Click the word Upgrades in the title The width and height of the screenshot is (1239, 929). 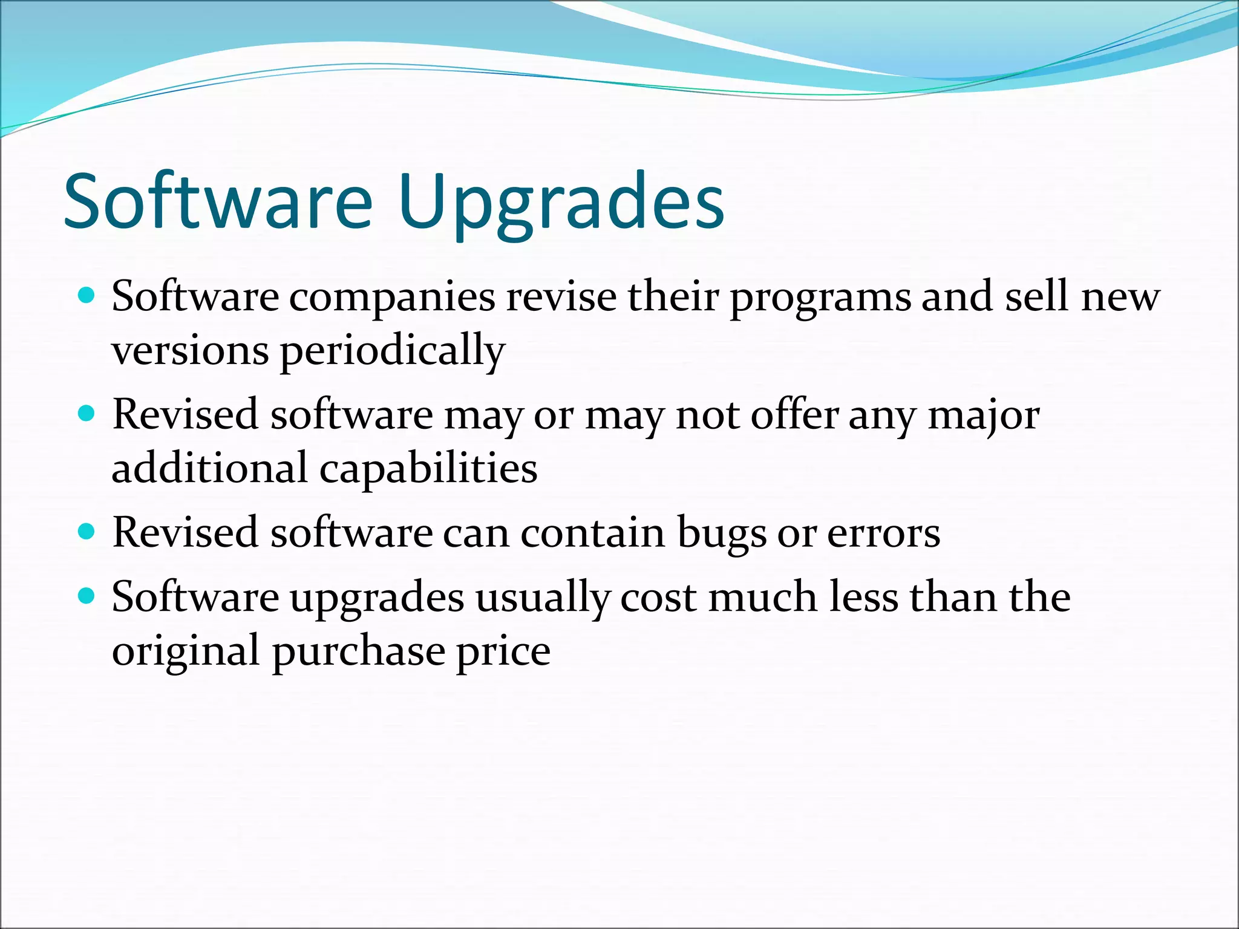point(561,203)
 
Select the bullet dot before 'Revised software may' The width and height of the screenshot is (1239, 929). point(88,414)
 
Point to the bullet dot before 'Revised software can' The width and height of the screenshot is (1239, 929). point(88,532)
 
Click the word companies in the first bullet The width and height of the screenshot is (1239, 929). point(392,298)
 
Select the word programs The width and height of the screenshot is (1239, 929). point(820,298)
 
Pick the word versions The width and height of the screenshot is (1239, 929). point(190,351)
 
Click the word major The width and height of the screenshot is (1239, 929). point(984,416)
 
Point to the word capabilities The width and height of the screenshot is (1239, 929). point(428,469)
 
